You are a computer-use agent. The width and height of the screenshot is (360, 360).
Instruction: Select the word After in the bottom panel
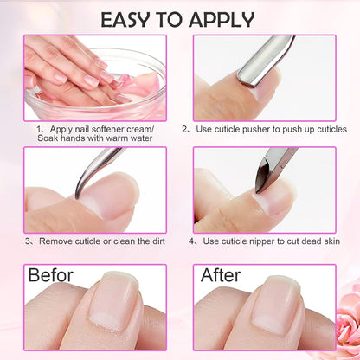tap(221, 276)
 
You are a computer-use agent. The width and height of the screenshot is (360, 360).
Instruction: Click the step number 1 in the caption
tap(39, 128)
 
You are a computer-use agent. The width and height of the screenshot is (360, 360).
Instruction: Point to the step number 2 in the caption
tap(185, 128)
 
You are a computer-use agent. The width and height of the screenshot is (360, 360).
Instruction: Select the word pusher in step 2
tap(263, 128)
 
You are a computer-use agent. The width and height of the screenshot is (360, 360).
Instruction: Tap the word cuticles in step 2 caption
tap(328, 128)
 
